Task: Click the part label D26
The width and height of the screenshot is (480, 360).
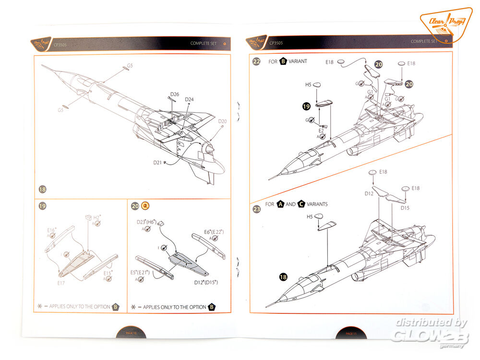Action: [x=174, y=94]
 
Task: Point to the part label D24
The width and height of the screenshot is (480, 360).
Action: [x=189, y=100]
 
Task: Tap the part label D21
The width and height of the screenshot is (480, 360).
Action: [x=157, y=163]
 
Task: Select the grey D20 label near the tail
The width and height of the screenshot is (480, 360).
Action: [x=222, y=121]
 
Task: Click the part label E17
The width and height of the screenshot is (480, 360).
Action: [x=60, y=284]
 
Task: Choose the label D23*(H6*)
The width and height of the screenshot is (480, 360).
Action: [x=148, y=221]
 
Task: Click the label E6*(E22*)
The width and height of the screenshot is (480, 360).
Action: [x=215, y=232]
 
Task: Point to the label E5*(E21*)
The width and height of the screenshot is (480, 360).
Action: [x=140, y=273]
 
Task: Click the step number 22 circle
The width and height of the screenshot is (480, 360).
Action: [x=257, y=61]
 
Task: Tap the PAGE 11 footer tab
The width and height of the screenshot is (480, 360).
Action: [x=350, y=333]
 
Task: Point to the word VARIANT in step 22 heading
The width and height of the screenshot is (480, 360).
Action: [x=298, y=61]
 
